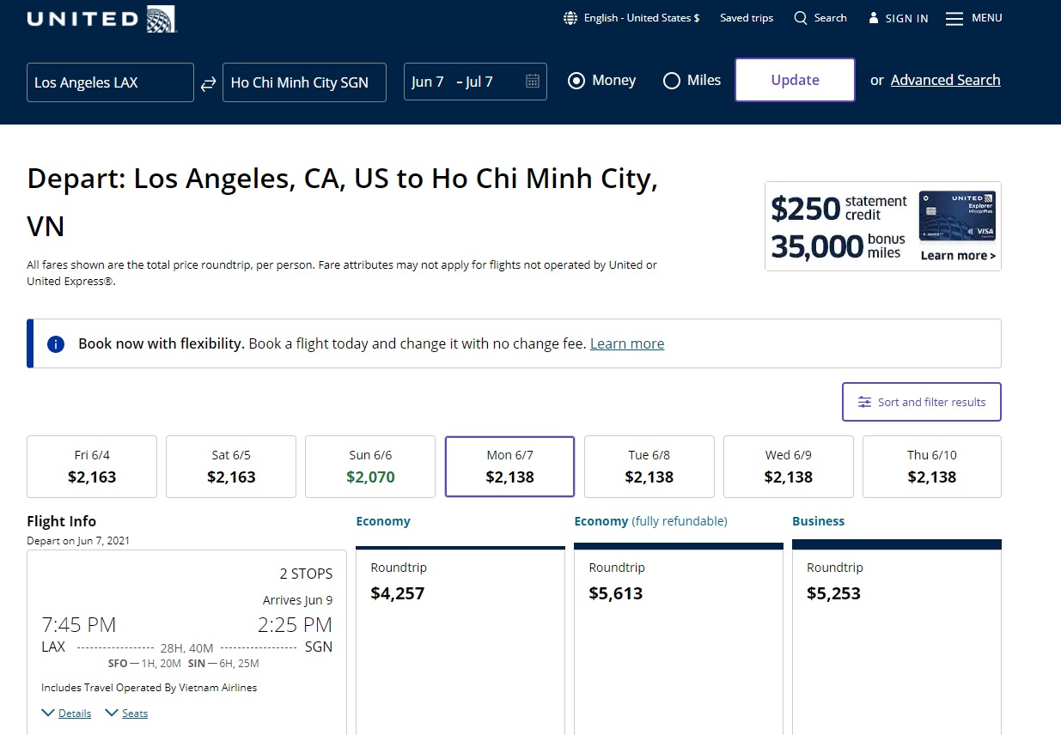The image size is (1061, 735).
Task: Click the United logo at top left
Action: [x=101, y=19]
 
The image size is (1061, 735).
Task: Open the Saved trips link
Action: [x=747, y=18]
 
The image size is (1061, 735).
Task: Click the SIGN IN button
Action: [x=899, y=18]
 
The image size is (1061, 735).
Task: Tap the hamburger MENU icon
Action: [x=954, y=19]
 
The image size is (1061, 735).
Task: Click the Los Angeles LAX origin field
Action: [x=110, y=82]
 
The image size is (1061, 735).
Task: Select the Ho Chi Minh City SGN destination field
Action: [x=304, y=82]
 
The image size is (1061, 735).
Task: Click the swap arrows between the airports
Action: [x=208, y=83]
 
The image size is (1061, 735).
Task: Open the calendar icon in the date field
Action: [x=533, y=82]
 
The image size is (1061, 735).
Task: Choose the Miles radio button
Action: [x=672, y=81]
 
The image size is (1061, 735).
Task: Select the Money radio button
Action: [x=577, y=81]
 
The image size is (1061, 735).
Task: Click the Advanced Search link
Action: [x=945, y=80]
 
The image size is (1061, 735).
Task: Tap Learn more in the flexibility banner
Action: [x=627, y=343]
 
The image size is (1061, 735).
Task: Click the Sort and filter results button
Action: [x=922, y=402]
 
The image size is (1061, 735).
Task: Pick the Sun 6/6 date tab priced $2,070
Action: [x=370, y=466]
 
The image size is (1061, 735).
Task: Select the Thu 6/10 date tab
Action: [x=931, y=466]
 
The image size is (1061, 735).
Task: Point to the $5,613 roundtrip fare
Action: [x=616, y=593]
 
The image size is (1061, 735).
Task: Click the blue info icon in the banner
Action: [x=56, y=344]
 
